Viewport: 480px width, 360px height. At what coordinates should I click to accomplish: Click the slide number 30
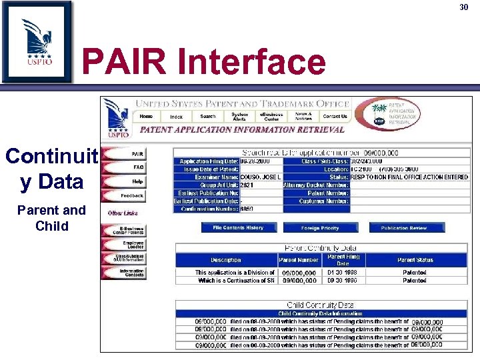tap(464, 7)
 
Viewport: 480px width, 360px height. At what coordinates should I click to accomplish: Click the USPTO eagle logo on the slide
tap(36, 41)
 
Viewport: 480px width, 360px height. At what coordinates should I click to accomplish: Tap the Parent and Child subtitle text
tap(52, 218)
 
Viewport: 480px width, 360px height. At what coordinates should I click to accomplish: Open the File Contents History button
tap(238, 228)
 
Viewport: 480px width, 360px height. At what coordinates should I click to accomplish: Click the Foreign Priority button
tap(320, 228)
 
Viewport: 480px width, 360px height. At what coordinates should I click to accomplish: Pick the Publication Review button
tap(403, 228)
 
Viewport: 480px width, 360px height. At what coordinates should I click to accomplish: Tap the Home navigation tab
tap(146, 116)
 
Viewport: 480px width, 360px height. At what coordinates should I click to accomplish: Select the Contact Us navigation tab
tap(335, 116)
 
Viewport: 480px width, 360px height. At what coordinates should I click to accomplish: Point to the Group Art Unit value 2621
tap(247, 185)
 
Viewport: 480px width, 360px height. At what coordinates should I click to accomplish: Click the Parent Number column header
tap(298, 260)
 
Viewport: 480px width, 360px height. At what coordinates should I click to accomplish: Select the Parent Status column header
tap(415, 260)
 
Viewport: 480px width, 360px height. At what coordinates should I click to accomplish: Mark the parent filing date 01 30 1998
tap(343, 272)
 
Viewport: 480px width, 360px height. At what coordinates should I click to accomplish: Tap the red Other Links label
tap(123, 213)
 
